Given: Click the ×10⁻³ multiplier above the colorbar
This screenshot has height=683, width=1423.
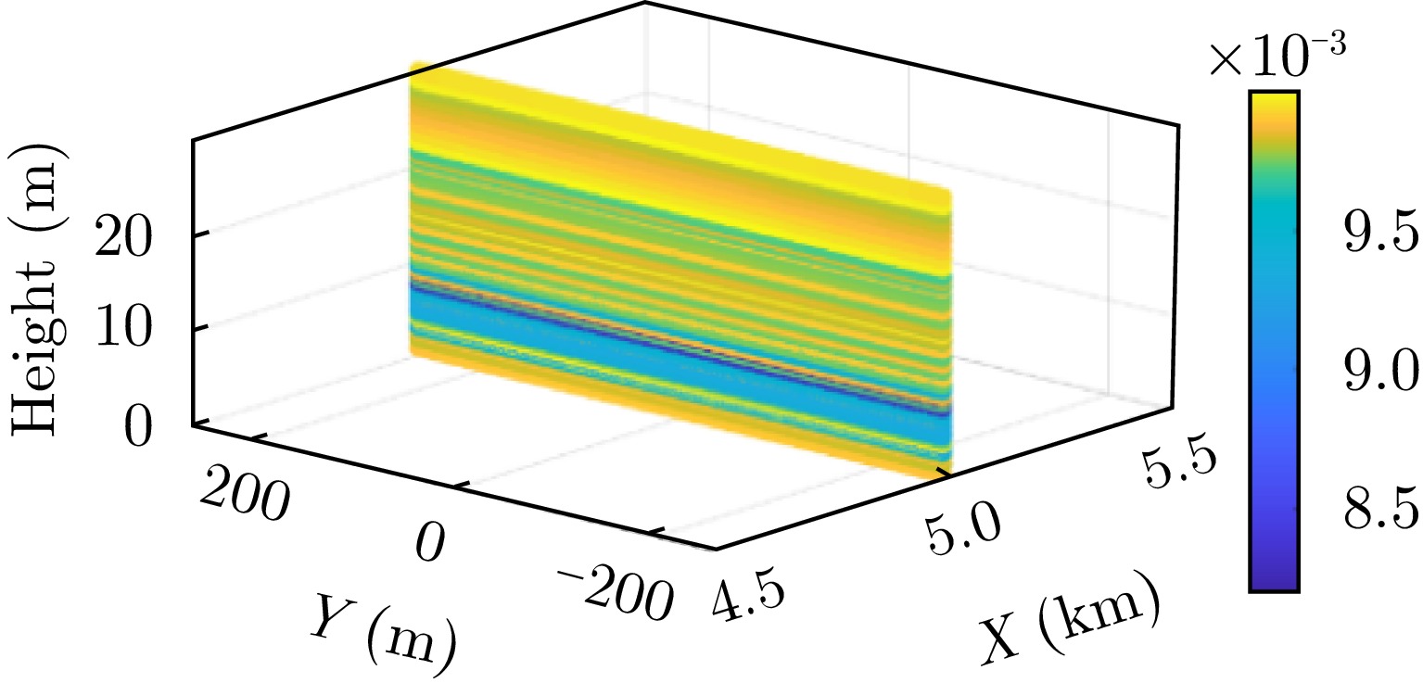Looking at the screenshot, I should point(1277,58).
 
